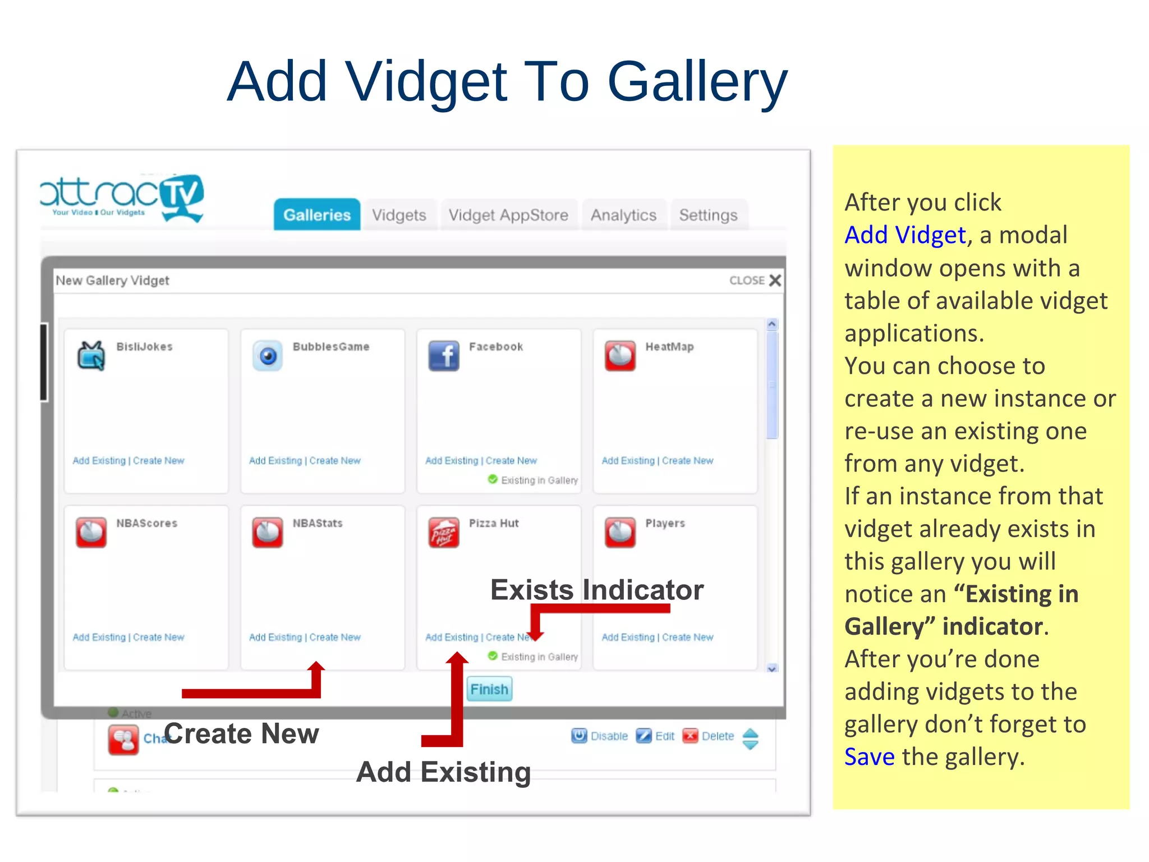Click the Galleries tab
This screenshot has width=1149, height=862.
tap(317, 215)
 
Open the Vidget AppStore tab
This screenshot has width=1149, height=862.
tap(508, 215)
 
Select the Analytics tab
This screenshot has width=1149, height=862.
tap(623, 215)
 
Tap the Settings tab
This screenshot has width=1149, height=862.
tap(708, 215)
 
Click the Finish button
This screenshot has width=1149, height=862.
tap(489, 689)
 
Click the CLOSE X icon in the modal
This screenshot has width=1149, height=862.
tap(775, 281)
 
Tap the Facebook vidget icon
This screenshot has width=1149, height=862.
tap(444, 356)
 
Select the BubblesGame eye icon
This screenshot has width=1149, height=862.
tap(268, 356)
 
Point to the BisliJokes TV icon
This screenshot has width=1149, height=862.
tap(91, 356)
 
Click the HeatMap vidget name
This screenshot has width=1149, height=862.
tap(669, 347)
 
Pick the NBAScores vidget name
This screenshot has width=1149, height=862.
tap(146, 524)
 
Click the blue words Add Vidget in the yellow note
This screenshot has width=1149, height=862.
tap(905, 235)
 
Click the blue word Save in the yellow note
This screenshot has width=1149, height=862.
tap(869, 757)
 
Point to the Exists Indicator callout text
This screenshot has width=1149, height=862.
tap(596, 590)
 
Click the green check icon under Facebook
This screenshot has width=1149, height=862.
tap(493, 479)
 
